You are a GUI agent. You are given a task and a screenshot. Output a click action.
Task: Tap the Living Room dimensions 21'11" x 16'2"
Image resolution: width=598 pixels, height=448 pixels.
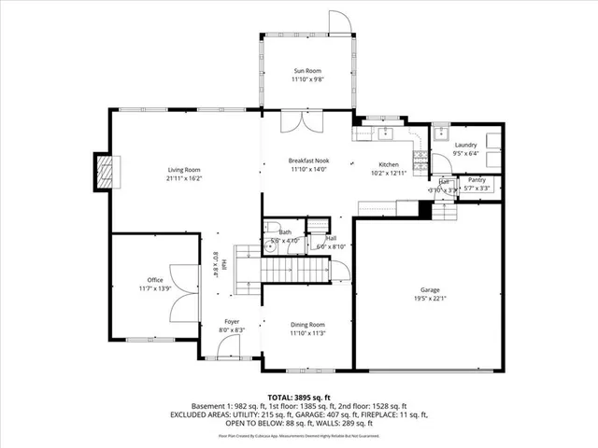click(x=184, y=177)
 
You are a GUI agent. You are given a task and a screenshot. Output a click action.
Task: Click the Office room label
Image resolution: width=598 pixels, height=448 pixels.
click(x=155, y=280)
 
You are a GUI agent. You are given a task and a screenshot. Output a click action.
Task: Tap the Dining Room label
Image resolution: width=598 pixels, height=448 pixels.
click(x=307, y=324)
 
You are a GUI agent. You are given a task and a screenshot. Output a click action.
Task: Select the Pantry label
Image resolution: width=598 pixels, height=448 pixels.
click(x=477, y=179)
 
